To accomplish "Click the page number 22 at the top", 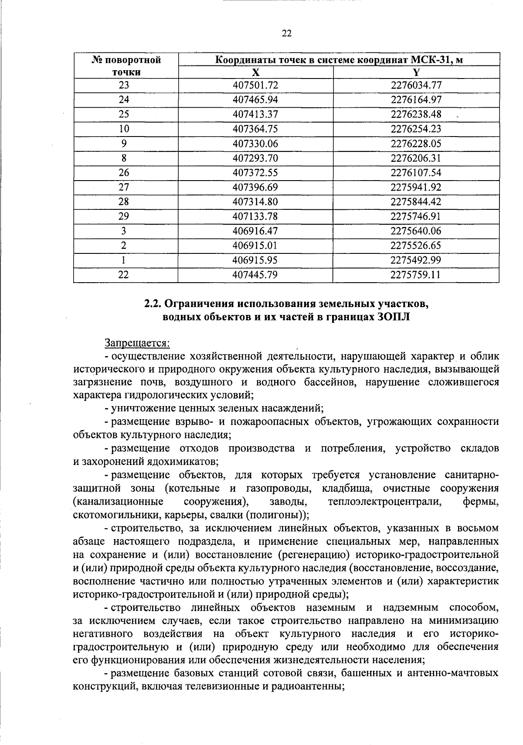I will point(286,34).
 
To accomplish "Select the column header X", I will point(255,72).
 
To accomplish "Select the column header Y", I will point(416,72).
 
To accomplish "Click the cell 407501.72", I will point(255,85).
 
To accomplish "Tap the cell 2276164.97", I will point(416,100).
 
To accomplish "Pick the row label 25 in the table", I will point(124,114).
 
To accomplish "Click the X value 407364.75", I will point(255,129).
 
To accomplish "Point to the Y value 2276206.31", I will point(416,158).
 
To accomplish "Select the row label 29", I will point(124,216).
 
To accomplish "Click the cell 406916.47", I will point(255,231).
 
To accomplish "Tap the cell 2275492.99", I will point(416,260).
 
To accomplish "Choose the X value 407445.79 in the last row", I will point(255,275).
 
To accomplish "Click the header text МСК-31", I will point(429,60).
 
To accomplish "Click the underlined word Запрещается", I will point(137,344).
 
